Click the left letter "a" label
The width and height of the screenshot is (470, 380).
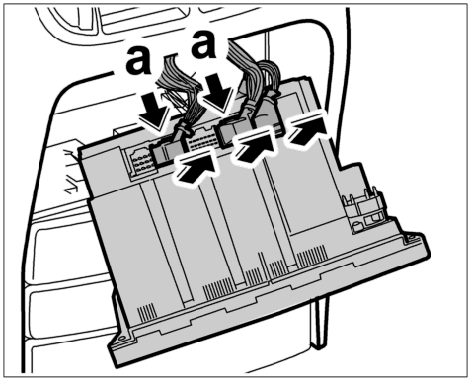[x=138, y=61]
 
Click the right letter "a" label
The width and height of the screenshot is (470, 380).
[x=204, y=43]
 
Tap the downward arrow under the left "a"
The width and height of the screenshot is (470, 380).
[x=155, y=111]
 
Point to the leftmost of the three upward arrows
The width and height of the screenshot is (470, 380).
[x=196, y=168]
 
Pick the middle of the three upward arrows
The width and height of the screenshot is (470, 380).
[x=256, y=147]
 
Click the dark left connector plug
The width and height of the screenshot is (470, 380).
[x=167, y=150]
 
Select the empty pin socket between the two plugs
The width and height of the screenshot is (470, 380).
[x=200, y=140]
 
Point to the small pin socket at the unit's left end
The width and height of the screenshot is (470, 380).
[x=141, y=163]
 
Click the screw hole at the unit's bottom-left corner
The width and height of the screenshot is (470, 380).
[x=122, y=338]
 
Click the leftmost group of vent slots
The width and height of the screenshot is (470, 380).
[x=146, y=312]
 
